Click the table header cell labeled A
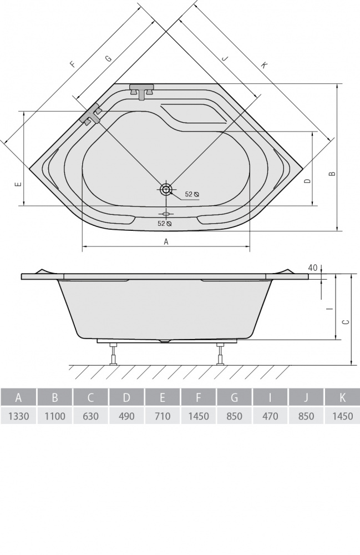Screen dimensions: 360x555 pyautogui.click(x=18, y=397)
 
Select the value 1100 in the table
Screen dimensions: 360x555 pyautogui.click(x=55, y=416)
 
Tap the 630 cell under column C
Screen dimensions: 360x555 pyautogui.click(x=91, y=416)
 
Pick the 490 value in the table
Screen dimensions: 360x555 pyautogui.click(x=126, y=416)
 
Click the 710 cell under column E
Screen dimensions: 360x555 pyautogui.click(x=163, y=416)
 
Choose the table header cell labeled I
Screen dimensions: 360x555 pyautogui.click(x=270, y=397)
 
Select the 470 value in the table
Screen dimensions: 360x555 pyautogui.click(x=270, y=416)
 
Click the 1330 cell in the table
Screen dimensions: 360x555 pyautogui.click(x=18, y=416)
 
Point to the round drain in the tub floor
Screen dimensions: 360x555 pyautogui.click(x=165, y=189)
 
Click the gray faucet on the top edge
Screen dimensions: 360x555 pyautogui.click(x=142, y=91)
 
